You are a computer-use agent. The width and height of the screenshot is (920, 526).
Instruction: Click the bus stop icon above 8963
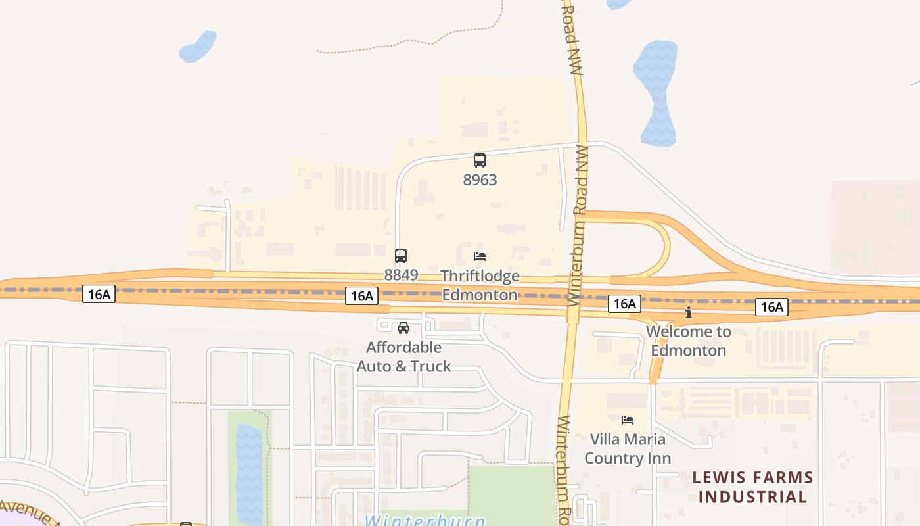pos(480,160)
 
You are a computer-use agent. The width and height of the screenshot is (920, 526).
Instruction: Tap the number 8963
pos(480,179)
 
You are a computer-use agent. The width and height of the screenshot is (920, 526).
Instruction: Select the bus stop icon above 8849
pos(401,256)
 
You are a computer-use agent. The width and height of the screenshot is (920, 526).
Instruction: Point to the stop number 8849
pos(401,275)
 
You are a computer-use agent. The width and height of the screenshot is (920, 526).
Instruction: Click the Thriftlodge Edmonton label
pos(480,285)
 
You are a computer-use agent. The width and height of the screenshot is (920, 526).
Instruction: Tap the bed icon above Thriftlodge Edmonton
pos(480,256)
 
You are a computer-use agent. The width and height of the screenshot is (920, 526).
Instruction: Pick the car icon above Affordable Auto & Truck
pos(403,328)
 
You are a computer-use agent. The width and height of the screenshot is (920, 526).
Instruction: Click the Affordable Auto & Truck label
pos(403,356)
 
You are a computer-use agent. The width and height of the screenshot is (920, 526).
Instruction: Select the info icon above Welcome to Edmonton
pos(689,312)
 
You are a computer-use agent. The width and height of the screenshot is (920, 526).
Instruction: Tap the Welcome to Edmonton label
pos(689,341)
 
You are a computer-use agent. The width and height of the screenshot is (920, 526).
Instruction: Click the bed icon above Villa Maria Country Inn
pos(628,419)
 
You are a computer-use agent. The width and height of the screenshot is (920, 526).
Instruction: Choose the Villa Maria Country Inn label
pos(628,448)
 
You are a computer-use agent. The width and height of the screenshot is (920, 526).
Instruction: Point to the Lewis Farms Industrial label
pos(752,487)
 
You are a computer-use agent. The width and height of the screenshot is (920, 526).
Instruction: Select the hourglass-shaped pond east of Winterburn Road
pos(656,92)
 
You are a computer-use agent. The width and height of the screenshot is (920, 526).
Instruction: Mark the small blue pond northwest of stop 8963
pos(198,47)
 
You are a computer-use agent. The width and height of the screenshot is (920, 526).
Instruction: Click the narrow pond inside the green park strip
pos(248,473)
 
